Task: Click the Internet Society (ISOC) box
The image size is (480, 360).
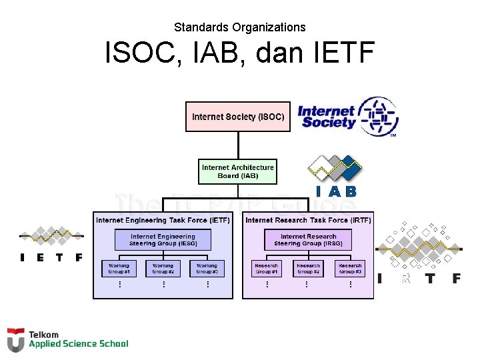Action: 238,117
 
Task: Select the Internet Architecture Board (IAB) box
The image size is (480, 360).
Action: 238,171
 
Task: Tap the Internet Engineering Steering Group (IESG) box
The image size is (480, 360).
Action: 163,240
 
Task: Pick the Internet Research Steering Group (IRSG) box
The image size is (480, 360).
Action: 308,240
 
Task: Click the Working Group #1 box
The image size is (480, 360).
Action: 119,269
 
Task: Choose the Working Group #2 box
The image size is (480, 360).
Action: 163,269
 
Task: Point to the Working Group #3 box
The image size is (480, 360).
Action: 207,269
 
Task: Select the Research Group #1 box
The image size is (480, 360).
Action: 266,269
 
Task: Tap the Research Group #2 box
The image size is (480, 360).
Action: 308,269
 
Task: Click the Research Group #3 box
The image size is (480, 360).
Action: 350,269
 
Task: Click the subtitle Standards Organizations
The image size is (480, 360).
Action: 240,27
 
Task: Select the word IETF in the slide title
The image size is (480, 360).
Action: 340,53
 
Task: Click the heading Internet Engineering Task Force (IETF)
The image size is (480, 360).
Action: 163,220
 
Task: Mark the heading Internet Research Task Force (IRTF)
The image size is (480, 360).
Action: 308,220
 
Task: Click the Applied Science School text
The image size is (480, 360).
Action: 78,344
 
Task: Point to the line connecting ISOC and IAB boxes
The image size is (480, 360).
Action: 238,145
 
